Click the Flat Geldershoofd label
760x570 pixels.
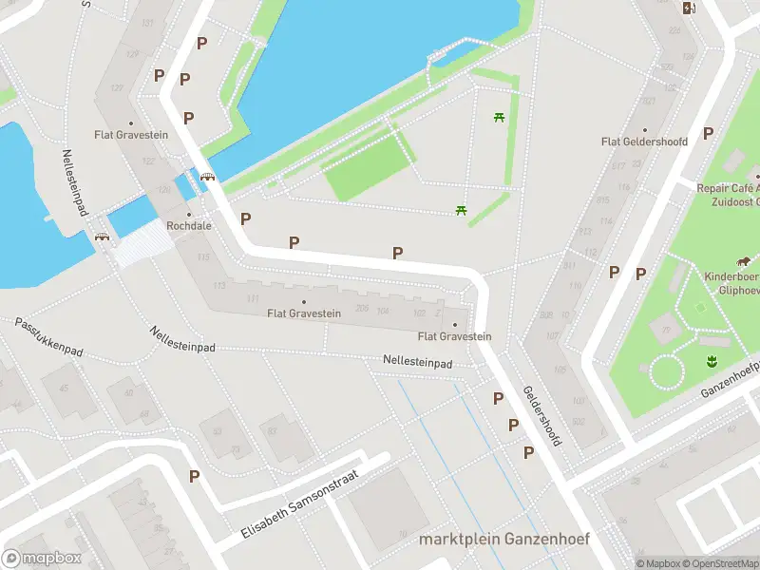(x=644, y=142)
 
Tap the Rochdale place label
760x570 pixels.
(x=188, y=226)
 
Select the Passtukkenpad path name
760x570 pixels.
(x=48, y=337)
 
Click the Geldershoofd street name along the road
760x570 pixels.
(x=542, y=416)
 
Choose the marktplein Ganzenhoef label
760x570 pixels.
(x=504, y=540)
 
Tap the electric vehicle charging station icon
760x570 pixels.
(x=689, y=9)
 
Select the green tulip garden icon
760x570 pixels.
(x=710, y=360)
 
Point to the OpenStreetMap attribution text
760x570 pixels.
(x=719, y=563)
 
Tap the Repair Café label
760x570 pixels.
(x=728, y=188)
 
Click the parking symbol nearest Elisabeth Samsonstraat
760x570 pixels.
(x=195, y=477)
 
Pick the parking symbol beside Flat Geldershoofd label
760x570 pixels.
(x=708, y=134)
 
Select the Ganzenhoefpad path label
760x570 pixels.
(x=731, y=379)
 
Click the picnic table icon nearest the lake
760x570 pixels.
(x=498, y=118)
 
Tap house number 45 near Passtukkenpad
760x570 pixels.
(x=64, y=388)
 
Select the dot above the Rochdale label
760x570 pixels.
(x=188, y=214)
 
